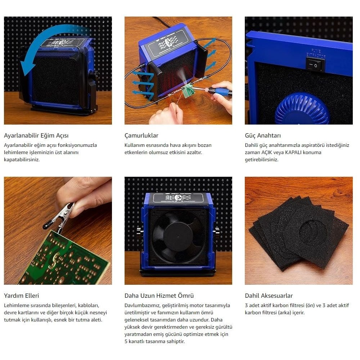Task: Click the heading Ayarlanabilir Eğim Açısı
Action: click(36, 135)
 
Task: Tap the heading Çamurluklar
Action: click(141, 135)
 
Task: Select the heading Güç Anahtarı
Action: click(263, 135)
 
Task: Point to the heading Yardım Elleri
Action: click(21, 296)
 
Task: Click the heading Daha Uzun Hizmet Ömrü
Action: click(159, 296)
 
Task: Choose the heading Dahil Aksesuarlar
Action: click(269, 296)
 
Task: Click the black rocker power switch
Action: click(315, 64)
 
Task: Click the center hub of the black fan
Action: click(178, 237)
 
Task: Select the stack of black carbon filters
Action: click(299, 232)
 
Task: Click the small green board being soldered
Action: click(189, 90)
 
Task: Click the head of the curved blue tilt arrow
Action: click(27, 67)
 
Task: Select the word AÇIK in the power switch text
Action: click(267, 152)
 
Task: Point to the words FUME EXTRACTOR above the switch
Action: click(316, 53)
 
